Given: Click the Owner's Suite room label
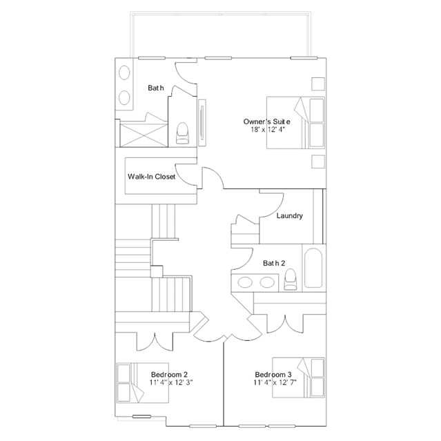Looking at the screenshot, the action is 266,121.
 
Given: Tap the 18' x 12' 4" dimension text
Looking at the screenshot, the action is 268,129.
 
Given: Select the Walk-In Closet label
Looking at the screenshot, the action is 152,177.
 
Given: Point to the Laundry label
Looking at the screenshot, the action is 290,216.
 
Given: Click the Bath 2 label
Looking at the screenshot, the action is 274,263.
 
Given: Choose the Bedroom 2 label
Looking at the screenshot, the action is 169,375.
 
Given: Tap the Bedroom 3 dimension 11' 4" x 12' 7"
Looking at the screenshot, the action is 275,382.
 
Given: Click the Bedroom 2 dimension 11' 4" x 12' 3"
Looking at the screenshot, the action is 171,382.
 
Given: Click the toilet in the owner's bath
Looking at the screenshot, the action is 182,133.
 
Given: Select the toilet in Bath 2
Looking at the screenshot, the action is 291,279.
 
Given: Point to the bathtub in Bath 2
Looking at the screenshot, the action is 313,268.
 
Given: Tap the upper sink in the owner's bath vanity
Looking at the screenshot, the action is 124,73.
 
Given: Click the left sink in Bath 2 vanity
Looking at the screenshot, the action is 245,282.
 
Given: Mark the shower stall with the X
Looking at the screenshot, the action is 144,135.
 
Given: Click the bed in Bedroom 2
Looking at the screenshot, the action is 143,383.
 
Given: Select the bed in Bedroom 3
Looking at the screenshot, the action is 298,378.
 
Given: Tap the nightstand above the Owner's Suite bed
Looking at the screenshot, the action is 318,84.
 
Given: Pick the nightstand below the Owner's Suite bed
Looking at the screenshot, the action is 318,161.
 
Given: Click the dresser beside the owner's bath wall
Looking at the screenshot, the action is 202,123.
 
